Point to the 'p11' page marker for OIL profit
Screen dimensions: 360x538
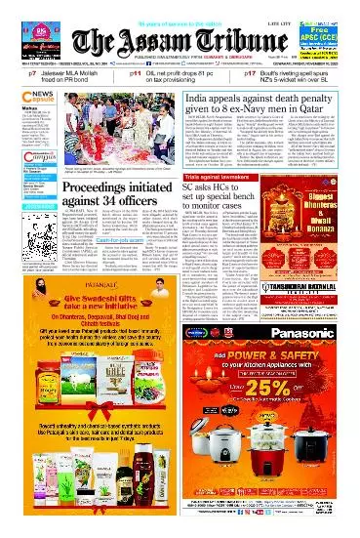(137, 74)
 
